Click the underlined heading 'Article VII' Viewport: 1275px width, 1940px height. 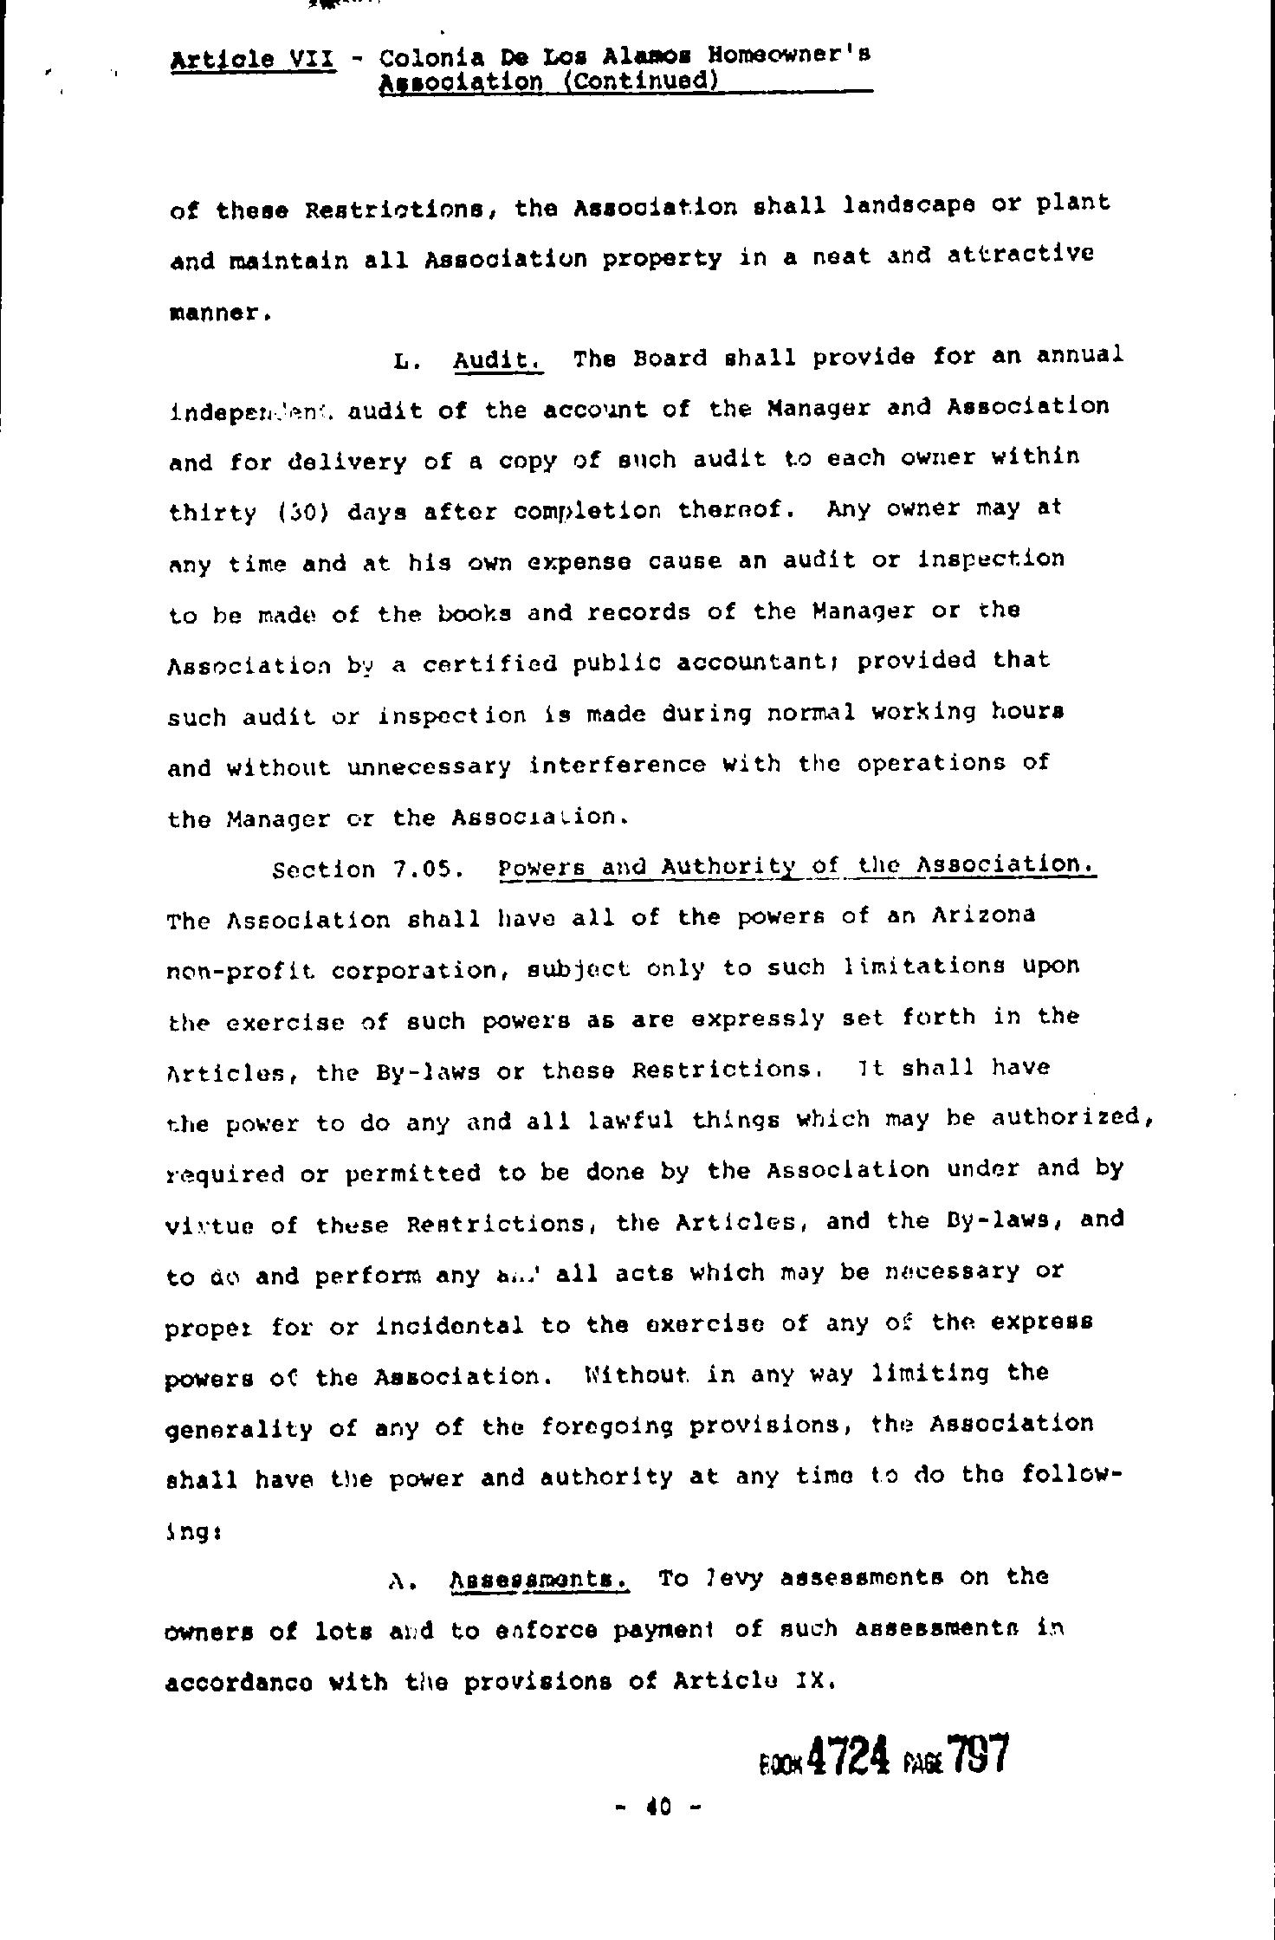tap(253, 61)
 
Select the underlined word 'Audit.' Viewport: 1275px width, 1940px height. tap(498, 359)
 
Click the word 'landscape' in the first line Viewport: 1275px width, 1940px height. tap(909, 205)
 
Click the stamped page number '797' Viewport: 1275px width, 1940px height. tap(978, 1756)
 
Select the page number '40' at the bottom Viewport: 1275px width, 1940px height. tap(658, 1807)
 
